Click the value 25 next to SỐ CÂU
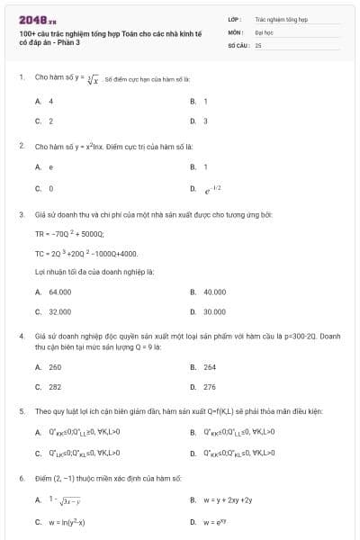click(258, 44)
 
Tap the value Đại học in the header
click(264, 31)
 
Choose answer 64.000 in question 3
click(59, 292)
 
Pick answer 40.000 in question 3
click(214, 292)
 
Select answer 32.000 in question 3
click(59, 310)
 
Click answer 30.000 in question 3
click(214, 310)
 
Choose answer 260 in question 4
click(55, 367)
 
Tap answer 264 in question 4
click(210, 367)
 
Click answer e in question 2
click(50, 166)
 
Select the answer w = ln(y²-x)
click(67, 521)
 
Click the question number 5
click(21, 409)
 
